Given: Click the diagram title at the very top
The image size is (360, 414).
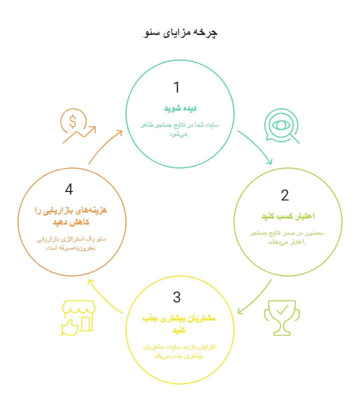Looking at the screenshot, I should tap(180, 34).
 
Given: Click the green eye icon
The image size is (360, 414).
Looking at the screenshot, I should tap(281, 126).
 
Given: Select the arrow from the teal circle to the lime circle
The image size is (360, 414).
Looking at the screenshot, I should tap(255, 147).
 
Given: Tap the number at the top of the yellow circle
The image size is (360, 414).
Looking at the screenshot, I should tap(178, 296).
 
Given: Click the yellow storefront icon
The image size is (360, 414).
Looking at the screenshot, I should tap(77, 318).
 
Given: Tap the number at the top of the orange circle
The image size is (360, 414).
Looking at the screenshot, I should tap(70, 189).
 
